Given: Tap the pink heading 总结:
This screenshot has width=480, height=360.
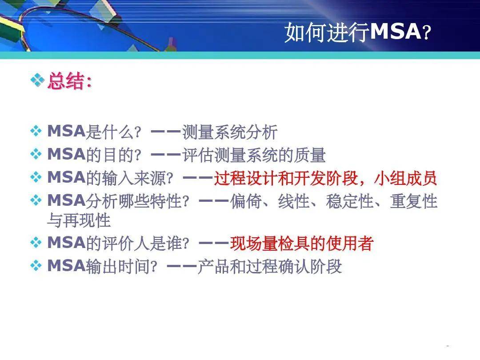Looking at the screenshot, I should [69, 81].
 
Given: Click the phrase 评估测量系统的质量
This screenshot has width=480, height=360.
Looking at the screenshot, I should [254, 155].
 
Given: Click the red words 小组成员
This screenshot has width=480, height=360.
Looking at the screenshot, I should [406, 179].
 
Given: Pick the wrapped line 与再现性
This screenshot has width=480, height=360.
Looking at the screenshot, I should [79, 220].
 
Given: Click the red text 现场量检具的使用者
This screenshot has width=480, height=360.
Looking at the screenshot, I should [301, 244].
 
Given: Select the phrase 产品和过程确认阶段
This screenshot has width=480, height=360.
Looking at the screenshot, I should [269, 267].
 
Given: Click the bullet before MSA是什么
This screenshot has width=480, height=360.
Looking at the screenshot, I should [36, 132].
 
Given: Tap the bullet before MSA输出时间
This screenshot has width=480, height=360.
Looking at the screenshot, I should [36, 266].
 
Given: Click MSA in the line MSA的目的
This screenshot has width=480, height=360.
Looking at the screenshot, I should [66, 155].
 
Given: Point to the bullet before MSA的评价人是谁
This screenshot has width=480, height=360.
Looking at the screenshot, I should [36, 243].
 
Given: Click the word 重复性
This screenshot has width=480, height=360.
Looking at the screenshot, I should [413, 202].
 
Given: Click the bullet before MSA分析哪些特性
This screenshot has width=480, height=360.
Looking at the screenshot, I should [36, 201].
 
